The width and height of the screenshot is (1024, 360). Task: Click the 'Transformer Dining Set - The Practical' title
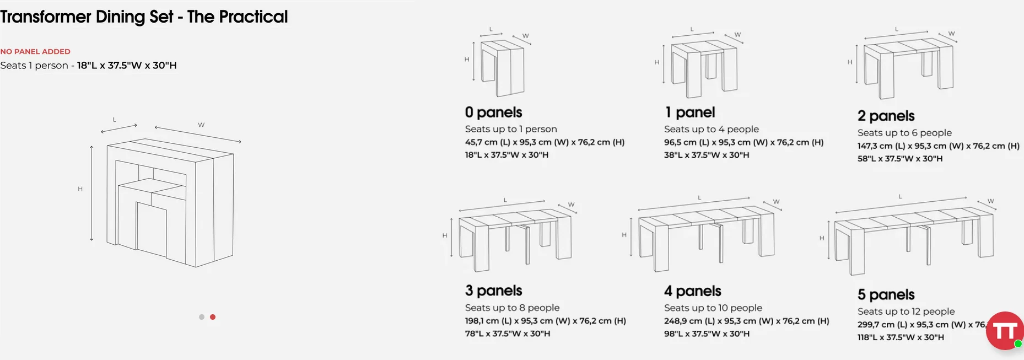(144, 17)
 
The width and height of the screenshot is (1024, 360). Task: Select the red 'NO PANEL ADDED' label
(35, 51)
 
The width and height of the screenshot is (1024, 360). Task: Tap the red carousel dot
(213, 317)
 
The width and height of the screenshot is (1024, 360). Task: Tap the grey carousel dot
(202, 317)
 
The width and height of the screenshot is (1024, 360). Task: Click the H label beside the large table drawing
(80, 189)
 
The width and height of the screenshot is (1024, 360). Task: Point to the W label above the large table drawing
(201, 125)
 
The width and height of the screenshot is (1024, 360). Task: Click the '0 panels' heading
(493, 112)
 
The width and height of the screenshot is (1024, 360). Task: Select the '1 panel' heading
(690, 112)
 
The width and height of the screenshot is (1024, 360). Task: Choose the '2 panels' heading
(886, 116)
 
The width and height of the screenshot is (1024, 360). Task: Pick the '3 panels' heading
(493, 291)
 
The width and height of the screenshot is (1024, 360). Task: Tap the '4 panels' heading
(693, 291)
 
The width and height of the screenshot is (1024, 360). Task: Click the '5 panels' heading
(886, 294)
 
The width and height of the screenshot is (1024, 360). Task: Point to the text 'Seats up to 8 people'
(512, 308)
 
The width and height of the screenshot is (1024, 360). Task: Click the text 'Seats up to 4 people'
(712, 129)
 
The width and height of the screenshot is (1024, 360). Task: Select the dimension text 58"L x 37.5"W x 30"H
(900, 159)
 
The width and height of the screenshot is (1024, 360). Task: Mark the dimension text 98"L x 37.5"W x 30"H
(707, 334)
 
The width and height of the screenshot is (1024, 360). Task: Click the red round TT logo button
(1005, 331)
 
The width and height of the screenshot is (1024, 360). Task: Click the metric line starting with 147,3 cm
(939, 146)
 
